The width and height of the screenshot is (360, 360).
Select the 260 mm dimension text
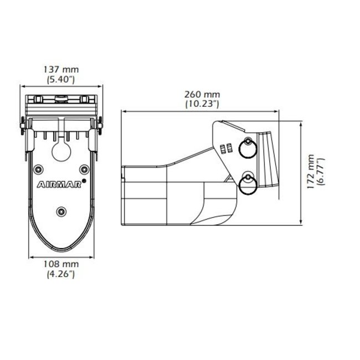[200, 94]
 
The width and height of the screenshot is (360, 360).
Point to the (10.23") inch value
[200, 103]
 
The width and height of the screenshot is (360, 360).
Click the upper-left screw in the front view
[38, 168]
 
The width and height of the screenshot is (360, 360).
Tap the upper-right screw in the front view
[84, 168]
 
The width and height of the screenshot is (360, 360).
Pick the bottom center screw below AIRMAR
[61, 210]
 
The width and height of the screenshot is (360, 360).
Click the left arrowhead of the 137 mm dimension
[23, 86]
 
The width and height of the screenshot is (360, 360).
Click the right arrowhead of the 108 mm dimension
[92, 256]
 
